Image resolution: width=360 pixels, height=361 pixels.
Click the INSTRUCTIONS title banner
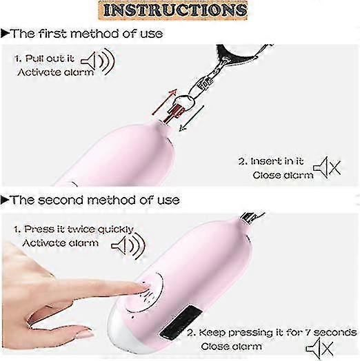[173, 10]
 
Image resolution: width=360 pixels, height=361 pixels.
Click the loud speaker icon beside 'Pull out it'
[98, 61]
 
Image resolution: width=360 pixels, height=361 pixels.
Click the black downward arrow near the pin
[192, 118]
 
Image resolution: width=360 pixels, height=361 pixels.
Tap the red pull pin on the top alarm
[174, 114]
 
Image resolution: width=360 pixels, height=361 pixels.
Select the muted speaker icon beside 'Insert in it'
[328, 167]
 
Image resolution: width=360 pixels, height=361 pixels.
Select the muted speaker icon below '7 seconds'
[320, 349]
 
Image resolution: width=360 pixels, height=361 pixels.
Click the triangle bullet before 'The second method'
[5, 200]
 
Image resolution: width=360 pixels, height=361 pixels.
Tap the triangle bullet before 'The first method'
[5, 34]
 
